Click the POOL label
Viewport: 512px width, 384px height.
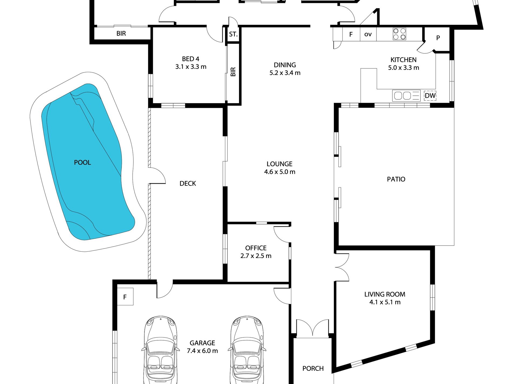82,162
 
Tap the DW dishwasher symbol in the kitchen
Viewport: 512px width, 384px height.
430,96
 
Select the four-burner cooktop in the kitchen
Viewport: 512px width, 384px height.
399,34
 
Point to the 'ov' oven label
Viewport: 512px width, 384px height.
368,34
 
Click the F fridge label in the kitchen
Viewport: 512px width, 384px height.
351,34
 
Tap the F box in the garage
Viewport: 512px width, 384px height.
125,296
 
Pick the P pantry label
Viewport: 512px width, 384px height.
438,38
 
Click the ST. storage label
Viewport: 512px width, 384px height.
233,34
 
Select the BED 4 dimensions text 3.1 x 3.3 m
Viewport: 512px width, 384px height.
191,67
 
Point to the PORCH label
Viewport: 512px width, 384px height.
313,368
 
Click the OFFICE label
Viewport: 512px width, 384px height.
256,248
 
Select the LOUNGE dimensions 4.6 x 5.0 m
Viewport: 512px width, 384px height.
280,172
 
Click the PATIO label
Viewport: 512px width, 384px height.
396,179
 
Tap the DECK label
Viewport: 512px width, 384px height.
188,184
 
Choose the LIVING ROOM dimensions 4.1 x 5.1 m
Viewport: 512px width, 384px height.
385,302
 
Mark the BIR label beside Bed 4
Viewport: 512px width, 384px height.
233,72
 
